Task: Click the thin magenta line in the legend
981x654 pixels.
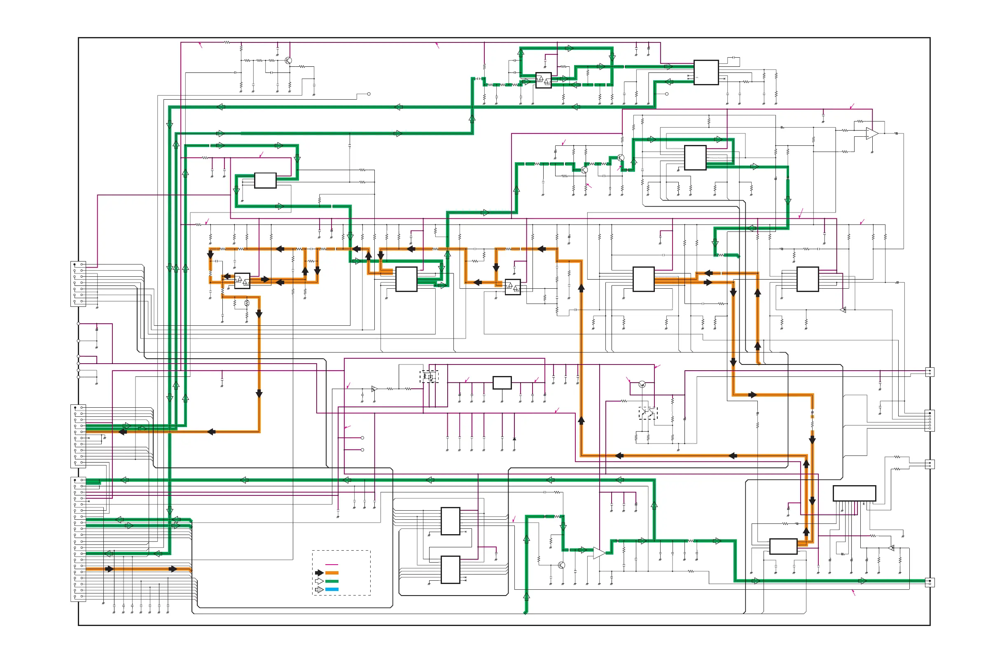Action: [331, 564]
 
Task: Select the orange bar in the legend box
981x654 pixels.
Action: [332, 573]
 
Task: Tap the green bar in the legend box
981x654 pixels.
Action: [332, 581]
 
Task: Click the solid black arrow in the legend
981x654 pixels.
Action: [319, 573]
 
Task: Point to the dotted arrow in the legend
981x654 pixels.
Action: [319, 589]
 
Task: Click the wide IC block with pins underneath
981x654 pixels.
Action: [854, 493]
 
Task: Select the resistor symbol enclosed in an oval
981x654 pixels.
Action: [247, 303]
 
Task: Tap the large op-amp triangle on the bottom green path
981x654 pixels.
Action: [598, 553]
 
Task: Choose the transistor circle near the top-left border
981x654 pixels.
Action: [288, 61]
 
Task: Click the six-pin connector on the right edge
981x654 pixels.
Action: [929, 420]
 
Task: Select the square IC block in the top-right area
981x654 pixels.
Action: [706, 72]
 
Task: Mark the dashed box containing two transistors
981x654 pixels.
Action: [648, 413]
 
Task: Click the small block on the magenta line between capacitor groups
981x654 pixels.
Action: [502, 383]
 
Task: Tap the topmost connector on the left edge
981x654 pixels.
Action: [78, 284]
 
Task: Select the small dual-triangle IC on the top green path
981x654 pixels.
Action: [543, 80]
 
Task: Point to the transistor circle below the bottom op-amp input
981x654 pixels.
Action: [561, 565]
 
